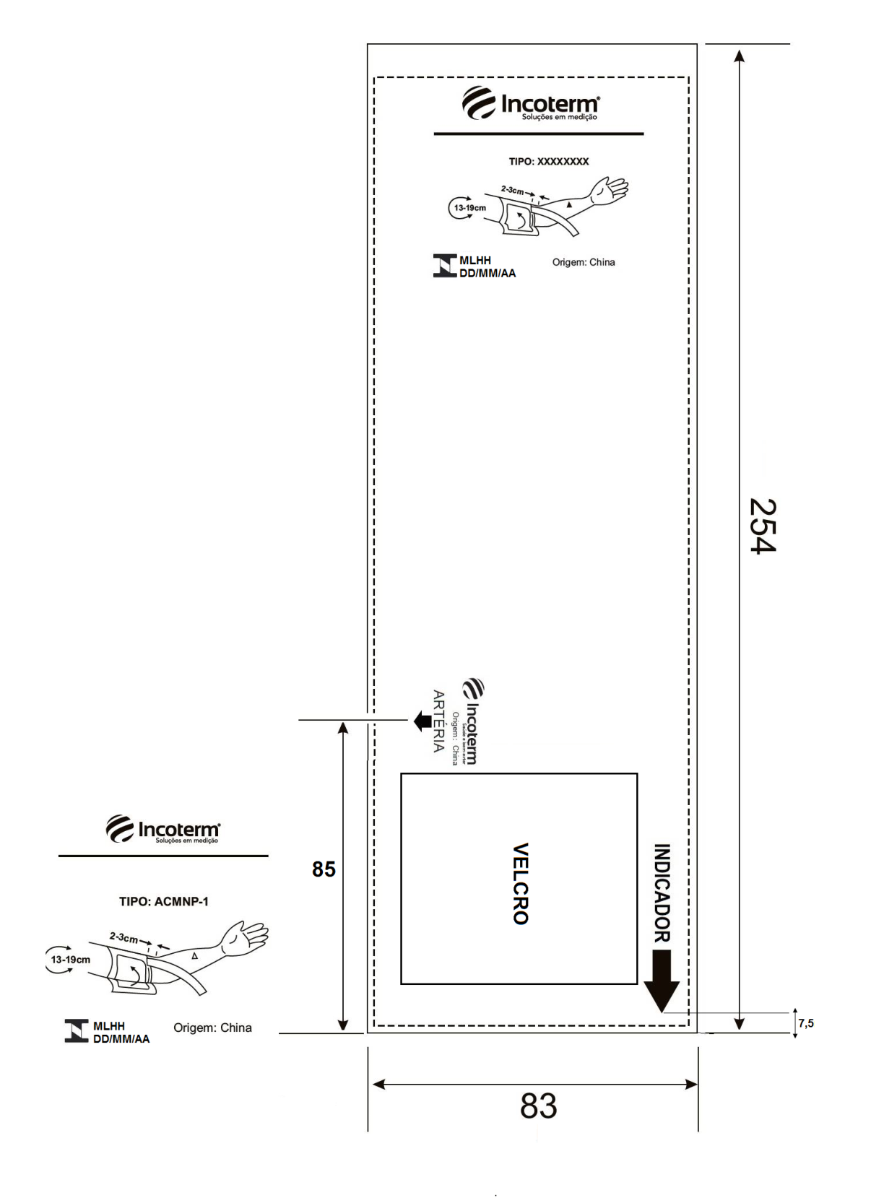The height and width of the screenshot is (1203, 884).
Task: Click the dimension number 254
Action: click(763, 526)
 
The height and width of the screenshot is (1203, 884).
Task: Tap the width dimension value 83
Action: click(538, 1106)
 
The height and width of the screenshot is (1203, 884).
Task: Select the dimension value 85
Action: click(324, 869)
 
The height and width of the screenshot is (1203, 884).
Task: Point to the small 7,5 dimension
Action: click(805, 1023)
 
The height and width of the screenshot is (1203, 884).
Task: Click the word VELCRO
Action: click(521, 883)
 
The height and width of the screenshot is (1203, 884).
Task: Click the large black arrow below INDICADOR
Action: click(662, 981)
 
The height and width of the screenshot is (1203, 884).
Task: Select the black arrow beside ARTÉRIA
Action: click(422, 721)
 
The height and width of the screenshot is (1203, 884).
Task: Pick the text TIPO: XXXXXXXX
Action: click(548, 161)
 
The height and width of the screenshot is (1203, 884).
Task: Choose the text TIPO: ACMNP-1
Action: click(164, 901)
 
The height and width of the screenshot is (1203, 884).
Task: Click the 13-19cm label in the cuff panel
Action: click(470, 208)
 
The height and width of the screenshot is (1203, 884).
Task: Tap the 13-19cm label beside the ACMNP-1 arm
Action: click(70, 959)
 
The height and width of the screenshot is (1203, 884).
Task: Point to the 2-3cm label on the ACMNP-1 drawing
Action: click(123, 938)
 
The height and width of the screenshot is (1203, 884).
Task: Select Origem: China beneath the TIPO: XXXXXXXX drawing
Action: click(584, 262)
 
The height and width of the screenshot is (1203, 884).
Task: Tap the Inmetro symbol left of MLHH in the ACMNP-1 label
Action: click(77, 1030)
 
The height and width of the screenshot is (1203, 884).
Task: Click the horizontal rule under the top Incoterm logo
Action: click(539, 133)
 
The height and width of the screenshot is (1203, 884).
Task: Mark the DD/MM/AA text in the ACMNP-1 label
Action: click(121, 1038)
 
